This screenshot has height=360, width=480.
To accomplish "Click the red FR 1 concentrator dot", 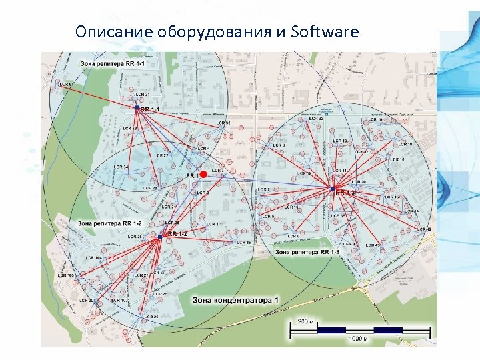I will coord(203,174).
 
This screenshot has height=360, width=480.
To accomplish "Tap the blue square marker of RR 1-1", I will coord(136,107).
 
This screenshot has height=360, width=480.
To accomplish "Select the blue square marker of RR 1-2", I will coord(161,235).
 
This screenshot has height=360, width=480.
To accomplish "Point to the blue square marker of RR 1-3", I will coord(332,189).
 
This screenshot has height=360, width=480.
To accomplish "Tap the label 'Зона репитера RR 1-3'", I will coord(307,252).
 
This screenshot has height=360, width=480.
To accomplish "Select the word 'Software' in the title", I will coord(325,32).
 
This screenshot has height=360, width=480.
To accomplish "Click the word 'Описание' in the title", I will coord(113,32).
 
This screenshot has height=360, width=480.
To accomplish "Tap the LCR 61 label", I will coord(66,85).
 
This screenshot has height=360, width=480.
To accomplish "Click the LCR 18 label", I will coord(405,144).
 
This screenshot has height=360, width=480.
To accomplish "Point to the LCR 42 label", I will coord(423,229).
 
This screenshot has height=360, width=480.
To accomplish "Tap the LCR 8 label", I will coord(279,145).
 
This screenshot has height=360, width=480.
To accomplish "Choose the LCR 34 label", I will coord(121,167).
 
